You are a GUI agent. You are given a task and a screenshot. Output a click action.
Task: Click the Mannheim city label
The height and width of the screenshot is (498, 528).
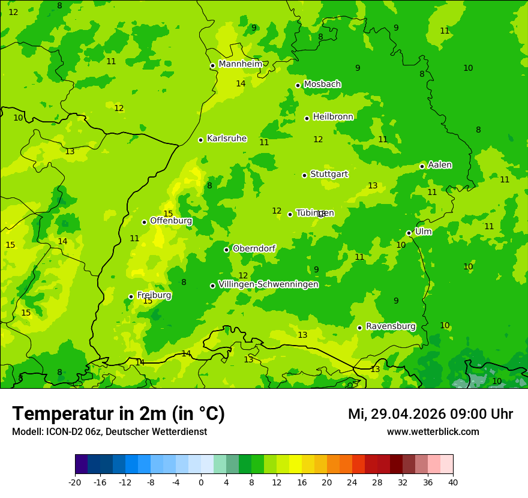(240, 64)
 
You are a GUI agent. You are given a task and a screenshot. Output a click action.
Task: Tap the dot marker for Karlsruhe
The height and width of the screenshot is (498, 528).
(200, 140)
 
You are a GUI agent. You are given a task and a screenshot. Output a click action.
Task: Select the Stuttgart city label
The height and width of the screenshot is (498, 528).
(329, 174)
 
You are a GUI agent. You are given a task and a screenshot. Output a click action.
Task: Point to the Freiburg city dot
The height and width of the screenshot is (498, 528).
(131, 296)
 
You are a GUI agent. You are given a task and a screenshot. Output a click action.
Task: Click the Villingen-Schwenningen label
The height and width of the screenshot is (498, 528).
(268, 284)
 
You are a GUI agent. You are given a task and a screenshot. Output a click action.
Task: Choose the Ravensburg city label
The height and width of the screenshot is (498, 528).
(390, 326)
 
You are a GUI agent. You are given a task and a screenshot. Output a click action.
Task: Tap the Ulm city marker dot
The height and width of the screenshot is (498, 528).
(409, 233)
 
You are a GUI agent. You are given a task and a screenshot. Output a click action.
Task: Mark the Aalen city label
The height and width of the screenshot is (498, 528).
(439, 165)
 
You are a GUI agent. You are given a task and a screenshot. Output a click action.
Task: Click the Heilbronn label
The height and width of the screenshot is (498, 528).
(333, 117)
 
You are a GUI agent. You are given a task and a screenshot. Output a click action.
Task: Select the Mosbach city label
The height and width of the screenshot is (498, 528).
(322, 85)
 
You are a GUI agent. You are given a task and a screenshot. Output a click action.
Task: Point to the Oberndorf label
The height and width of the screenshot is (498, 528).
(254, 248)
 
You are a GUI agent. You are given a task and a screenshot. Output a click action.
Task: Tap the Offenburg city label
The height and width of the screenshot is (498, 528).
(171, 221)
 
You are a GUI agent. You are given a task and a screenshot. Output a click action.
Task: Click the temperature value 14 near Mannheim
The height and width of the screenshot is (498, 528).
(241, 84)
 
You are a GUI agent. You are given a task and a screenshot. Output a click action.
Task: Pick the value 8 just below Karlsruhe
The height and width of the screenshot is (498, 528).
(209, 186)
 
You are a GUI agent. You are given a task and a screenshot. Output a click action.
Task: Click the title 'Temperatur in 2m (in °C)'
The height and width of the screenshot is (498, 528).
(118, 413)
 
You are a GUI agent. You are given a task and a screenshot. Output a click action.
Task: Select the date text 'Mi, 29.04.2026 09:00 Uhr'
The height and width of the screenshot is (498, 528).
(430, 414)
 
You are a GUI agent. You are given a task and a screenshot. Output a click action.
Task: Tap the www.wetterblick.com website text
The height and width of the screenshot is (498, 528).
(433, 432)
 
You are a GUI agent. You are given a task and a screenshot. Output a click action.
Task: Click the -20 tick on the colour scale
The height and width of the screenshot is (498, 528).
(75, 482)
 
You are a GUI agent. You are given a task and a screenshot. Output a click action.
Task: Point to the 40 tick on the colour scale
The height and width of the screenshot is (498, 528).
(453, 482)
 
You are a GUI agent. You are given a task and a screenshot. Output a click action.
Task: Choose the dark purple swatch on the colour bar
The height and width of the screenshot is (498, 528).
(81, 464)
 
